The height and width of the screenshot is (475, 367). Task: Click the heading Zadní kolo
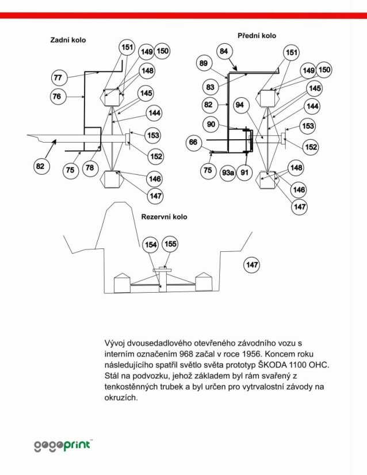(x=68, y=40)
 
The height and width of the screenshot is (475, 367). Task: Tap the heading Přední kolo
(x=257, y=36)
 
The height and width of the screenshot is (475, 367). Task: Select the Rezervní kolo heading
(x=165, y=217)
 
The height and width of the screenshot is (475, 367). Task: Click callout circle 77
(x=58, y=78)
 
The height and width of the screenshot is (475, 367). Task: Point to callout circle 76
(x=58, y=97)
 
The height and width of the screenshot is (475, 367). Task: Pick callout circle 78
(x=90, y=167)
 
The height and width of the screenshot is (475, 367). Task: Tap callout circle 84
(x=224, y=51)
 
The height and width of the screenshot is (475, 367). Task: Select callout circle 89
(x=204, y=63)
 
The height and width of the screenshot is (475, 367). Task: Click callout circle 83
(x=211, y=87)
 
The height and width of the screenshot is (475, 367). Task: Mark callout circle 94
(x=240, y=105)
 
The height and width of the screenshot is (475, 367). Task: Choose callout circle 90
(x=211, y=124)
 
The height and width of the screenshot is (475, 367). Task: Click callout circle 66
(x=193, y=142)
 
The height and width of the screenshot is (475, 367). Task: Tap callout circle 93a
(x=228, y=173)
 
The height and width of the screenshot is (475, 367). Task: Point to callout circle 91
(x=244, y=173)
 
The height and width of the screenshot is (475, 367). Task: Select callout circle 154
(x=151, y=244)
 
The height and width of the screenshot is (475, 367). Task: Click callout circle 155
(x=170, y=244)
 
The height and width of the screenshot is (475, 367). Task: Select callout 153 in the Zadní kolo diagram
(x=154, y=135)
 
